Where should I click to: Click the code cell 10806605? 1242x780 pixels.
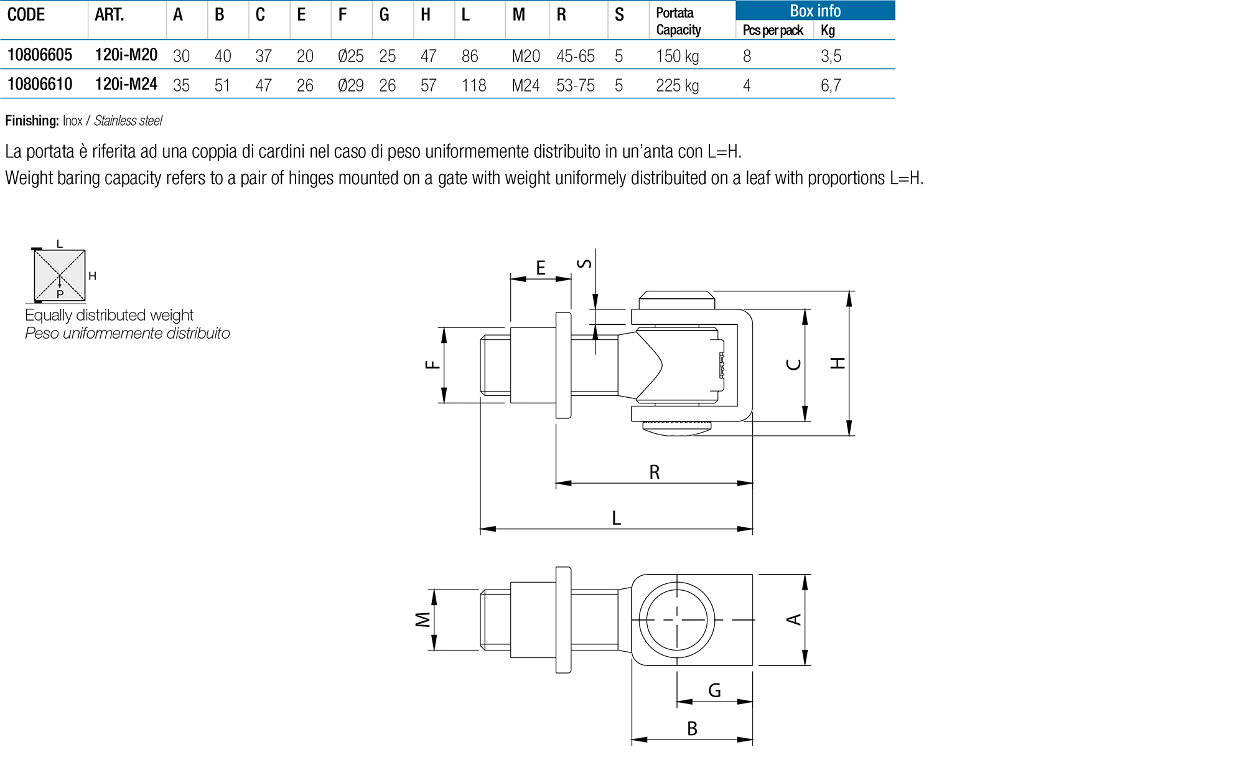[x=40, y=55]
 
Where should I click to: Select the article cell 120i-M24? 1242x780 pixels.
[x=126, y=85]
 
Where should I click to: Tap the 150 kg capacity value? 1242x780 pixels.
[x=677, y=57]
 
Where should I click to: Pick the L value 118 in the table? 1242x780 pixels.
[x=474, y=85]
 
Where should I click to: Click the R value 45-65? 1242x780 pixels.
[x=575, y=57]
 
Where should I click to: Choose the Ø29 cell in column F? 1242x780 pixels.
[x=350, y=85]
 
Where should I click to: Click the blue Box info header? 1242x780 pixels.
[x=815, y=11]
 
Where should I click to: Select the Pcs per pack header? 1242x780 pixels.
[x=773, y=31]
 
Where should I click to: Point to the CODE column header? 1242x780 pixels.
[x=26, y=15]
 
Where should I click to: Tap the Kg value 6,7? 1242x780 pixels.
[x=831, y=85]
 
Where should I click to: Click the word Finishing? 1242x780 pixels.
[x=32, y=121]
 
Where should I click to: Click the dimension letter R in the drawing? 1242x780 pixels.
[x=655, y=472]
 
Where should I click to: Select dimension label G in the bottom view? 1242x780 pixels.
[x=714, y=690]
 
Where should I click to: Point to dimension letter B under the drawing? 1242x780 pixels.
[x=692, y=728]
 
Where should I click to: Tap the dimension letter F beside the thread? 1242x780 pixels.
[x=432, y=365]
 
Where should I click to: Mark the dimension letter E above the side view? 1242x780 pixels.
[x=541, y=268]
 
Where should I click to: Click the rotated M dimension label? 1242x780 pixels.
[x=423, y=619]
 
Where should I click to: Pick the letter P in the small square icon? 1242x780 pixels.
[x=60, y=294]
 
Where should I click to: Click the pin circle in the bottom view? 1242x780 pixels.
[x=677, y=619]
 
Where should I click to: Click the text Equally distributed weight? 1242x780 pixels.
[x=109, y=315]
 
